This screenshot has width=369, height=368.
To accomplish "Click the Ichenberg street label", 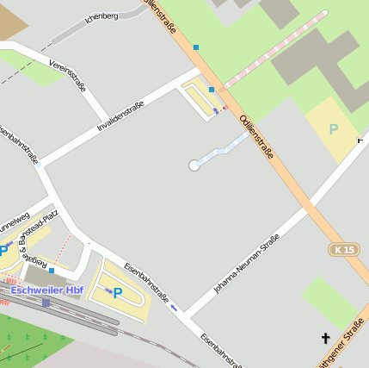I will click(x=102, y=16).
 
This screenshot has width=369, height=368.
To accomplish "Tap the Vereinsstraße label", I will click(x=68, y=73).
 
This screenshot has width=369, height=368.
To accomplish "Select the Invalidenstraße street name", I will click(x=120, y=116).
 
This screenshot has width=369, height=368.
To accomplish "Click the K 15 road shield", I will click(x=344, y=249).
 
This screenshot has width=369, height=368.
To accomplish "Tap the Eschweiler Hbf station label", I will click(x=47, y=290).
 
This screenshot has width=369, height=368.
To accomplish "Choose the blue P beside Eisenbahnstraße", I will click(x=118, y=293).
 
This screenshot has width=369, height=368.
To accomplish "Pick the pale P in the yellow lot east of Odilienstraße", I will click(x=334, y=129).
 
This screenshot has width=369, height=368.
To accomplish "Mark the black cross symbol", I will click(x=325, y=339).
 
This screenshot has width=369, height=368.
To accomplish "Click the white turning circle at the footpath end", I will click(x=194, y=165).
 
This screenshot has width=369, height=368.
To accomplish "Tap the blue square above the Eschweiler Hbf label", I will click(x=52, y=271).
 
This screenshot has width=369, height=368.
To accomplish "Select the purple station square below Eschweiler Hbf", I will click(x=46, y=303).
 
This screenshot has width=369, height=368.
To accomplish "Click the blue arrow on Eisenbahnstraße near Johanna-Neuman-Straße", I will click(x=175, y=307).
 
